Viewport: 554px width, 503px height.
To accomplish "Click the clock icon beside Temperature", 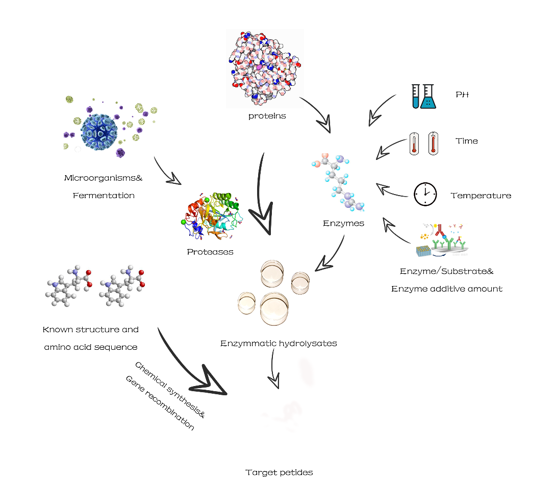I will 425,195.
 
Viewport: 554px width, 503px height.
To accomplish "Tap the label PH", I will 462,94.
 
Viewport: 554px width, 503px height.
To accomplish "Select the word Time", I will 466,141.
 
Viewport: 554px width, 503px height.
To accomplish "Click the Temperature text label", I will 481,196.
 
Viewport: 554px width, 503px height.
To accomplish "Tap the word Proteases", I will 210,252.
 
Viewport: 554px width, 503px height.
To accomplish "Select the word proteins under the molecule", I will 267,116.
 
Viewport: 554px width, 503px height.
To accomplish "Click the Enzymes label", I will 343,223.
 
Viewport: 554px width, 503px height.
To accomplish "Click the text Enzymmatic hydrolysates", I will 279,343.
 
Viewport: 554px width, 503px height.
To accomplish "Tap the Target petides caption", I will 279,472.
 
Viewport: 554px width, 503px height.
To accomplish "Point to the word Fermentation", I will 104,196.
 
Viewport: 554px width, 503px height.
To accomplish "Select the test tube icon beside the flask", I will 415,97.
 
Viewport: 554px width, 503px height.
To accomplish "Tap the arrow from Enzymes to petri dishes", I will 329,256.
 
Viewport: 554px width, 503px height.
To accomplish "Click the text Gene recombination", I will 160,403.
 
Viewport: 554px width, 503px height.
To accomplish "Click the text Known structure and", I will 91,329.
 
